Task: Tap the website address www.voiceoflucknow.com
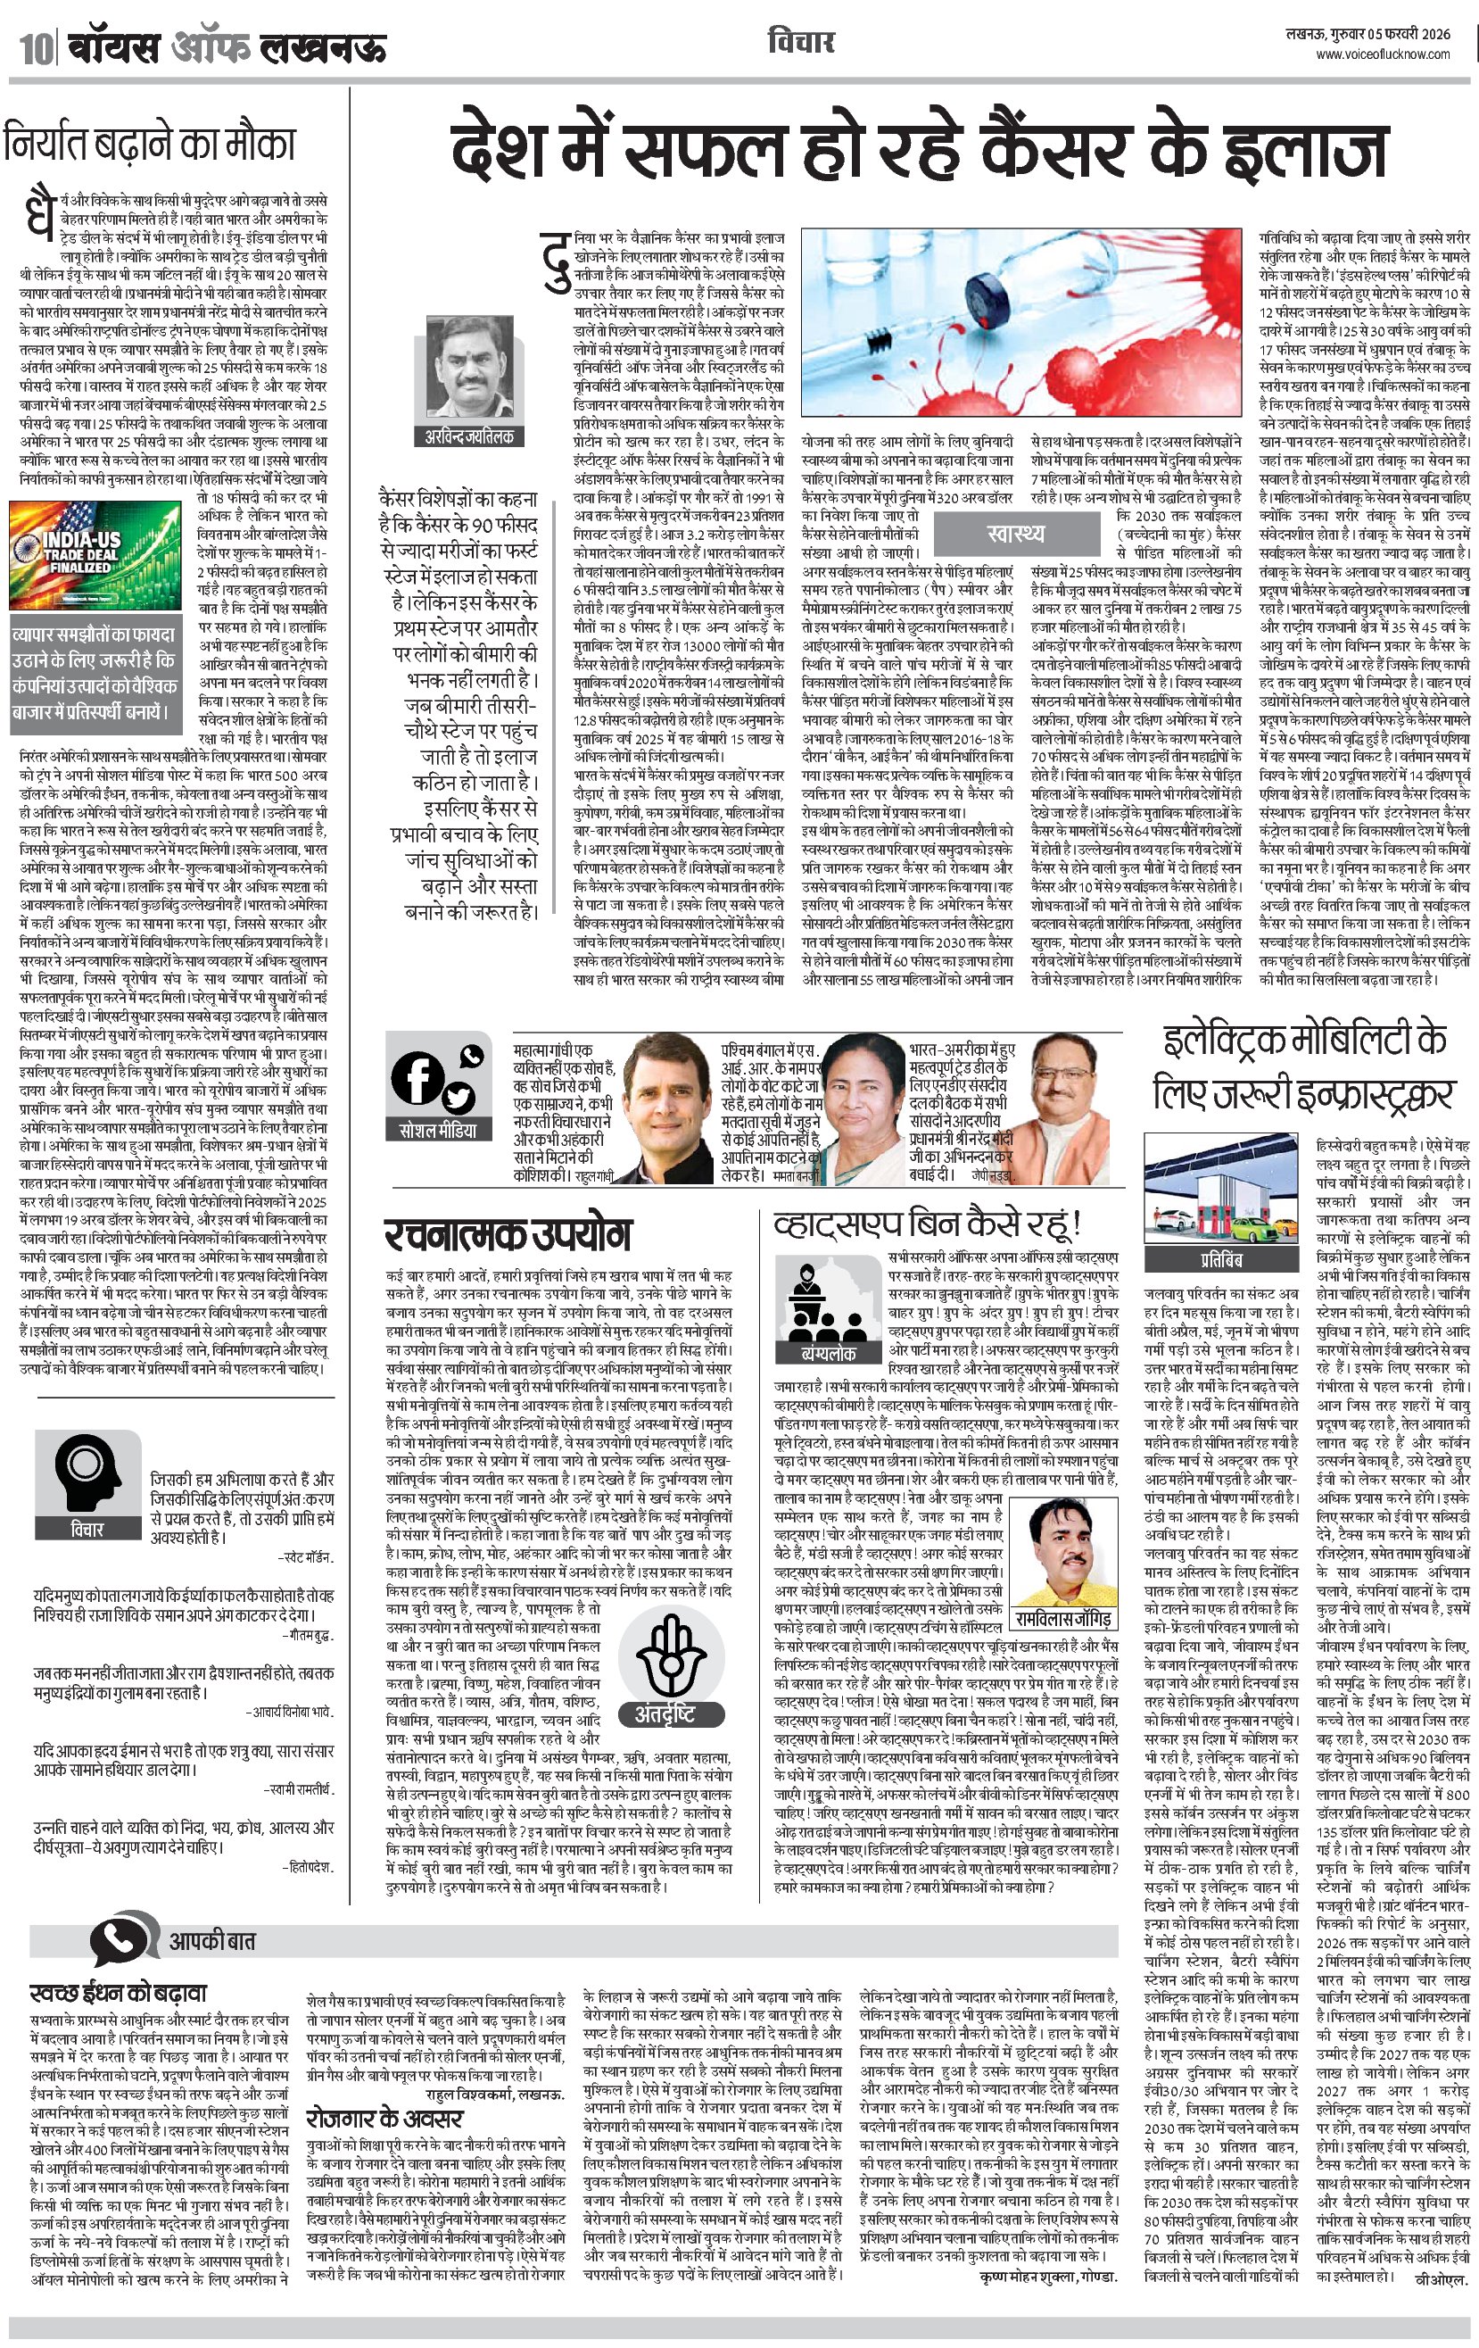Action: point(1383,54)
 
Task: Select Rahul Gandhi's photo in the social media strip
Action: point(668,1109)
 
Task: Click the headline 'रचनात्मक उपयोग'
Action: point(507,1234)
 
